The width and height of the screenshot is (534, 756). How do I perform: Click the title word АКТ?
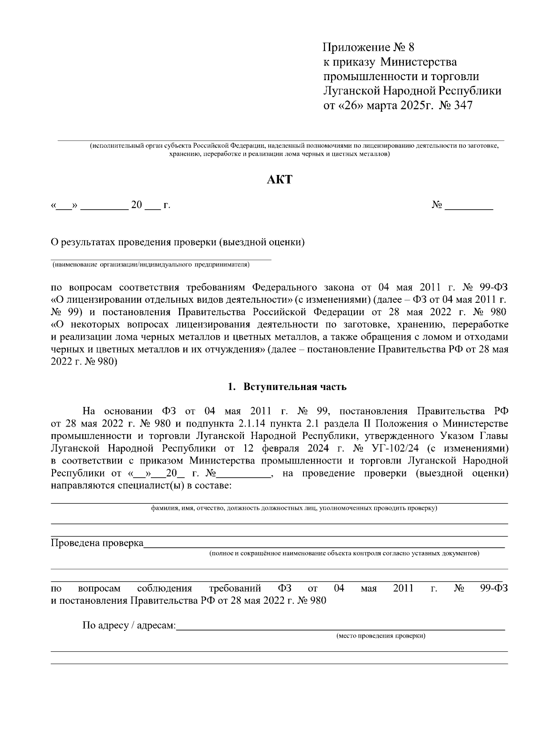(280, 180)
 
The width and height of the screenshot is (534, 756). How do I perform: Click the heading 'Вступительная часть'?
(295, 386)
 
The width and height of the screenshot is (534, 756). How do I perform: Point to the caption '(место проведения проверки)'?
(380, 635)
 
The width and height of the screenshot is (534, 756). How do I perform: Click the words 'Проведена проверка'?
(97, 543)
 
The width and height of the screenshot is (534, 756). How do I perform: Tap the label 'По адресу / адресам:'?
(129, 626)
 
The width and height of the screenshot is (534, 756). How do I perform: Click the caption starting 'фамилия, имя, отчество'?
(294, 508)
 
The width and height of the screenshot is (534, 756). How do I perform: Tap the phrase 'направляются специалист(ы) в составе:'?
(141, 485)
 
